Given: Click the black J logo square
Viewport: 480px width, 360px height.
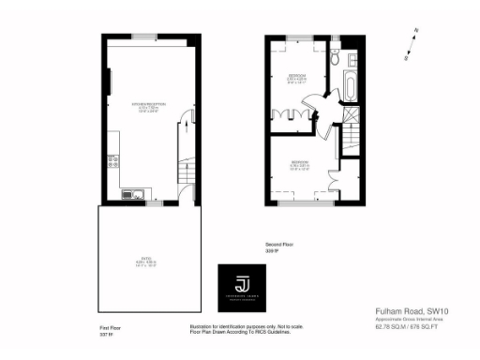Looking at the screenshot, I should pos(243,287).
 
